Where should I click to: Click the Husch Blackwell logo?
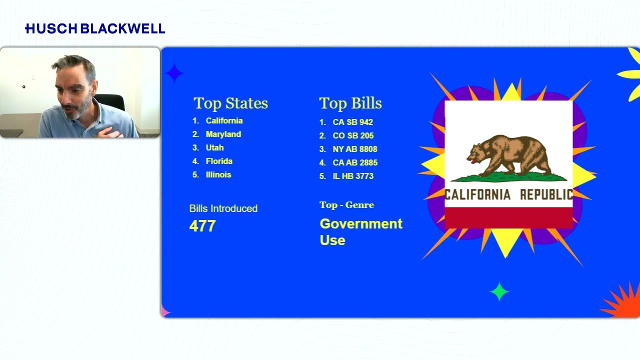[x=95, y=29]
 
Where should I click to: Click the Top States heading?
[x=230, y=103]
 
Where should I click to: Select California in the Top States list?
[x=224, y=121]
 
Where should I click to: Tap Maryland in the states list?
[x=223, y=134]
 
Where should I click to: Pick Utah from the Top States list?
[x=214, y=148]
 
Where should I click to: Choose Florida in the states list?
[x=219, y=161]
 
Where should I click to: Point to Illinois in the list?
[x=218, y=175]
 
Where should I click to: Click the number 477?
[x=202, y=226]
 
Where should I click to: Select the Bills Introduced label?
[x=223, y=208]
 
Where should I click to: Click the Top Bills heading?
[x=350, y=103]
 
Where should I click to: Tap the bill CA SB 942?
[x=352, y=122]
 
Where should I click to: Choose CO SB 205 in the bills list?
[x=353, y=135]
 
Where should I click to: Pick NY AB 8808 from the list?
[x=354, y=149]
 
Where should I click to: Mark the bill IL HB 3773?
[x=353, y=176]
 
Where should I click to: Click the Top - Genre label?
[x=346, y=205]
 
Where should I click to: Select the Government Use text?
[x=360, y=231]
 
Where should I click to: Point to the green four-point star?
[x=499, y=291]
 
